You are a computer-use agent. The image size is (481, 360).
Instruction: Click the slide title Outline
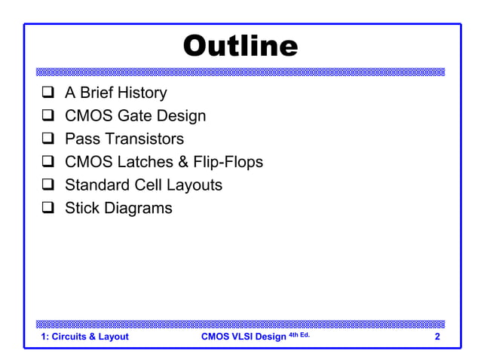pyautogui.click(x=240, y=46)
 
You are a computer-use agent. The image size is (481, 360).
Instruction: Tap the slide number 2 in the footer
pyautogui.click(x=437, y=337)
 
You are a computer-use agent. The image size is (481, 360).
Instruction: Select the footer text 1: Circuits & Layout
pyautogui.click(x=84, y=337)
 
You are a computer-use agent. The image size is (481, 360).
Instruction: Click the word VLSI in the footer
pyautogui.click(x=244, y=337)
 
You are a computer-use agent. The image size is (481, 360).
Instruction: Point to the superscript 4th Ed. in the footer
pyautogui.click(x=299, y=334)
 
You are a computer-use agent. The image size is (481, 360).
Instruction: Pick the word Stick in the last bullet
pyautogui.click(x=82, y=207)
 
